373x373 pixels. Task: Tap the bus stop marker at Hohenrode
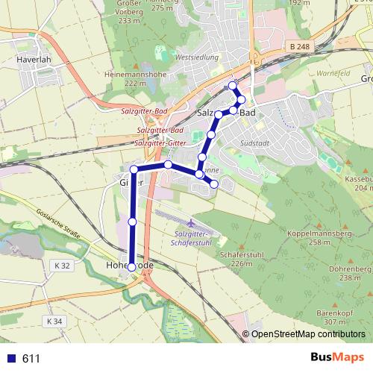pos(132,266)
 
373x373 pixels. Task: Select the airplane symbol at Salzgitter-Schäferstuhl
pos(192,223)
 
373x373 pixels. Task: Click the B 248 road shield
pos(299,47)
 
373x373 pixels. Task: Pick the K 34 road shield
pos(52,321)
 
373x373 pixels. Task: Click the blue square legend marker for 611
pos(10,359)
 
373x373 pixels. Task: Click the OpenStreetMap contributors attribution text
pos(309,334)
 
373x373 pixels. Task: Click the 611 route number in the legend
pos(31,359)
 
